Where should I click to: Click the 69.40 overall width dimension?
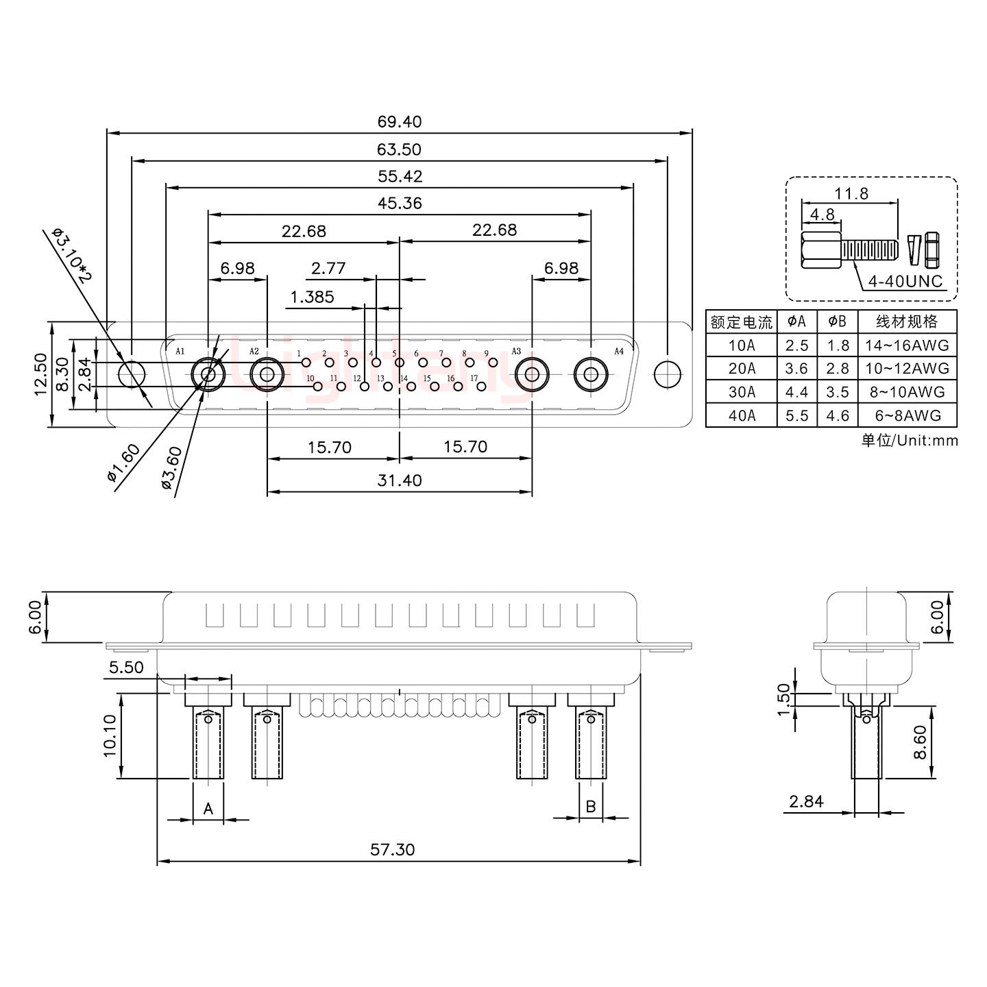click(399, 122)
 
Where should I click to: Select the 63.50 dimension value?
click(399, 149)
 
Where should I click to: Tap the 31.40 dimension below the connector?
click(399, 480)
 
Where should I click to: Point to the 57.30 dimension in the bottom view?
click(393, 849)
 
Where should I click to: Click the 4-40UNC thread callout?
click(905, 281)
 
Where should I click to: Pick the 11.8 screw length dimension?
click(851, 194)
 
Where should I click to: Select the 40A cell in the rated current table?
click(742, 415)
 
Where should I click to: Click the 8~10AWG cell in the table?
click(906, 392)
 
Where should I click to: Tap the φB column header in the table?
click(837, 321)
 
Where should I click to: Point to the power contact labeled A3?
click(531, 374)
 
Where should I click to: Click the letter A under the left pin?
click(208, 809)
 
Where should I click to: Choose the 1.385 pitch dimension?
click(313, 297)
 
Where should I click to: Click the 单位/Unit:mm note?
click(909, 440)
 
